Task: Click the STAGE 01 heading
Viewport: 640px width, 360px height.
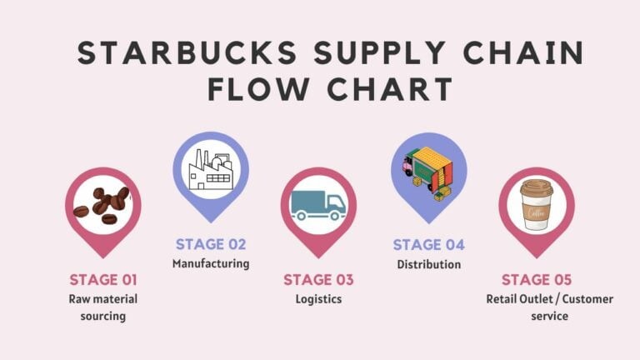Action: pos(103,280)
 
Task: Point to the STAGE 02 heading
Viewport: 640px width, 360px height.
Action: pos(211,245)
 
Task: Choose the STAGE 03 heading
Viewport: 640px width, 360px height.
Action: pos(318,280)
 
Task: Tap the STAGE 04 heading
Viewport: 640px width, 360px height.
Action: pos(428,245)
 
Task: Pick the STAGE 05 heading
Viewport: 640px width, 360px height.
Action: pos(537,280)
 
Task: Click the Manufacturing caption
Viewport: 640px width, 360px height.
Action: pos(211,264)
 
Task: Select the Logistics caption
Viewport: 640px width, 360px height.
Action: pos(318,299)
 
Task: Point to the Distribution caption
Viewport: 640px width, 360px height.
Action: pos(428,264)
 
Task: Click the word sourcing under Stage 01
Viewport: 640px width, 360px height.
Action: pos(103,316)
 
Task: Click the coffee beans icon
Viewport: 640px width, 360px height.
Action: pos(102,204)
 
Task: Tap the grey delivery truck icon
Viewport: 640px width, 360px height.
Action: pos(318,205)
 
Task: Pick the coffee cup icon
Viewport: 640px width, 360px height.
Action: pos(537,204)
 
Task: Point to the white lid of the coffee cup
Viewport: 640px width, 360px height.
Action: pos(537,187)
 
